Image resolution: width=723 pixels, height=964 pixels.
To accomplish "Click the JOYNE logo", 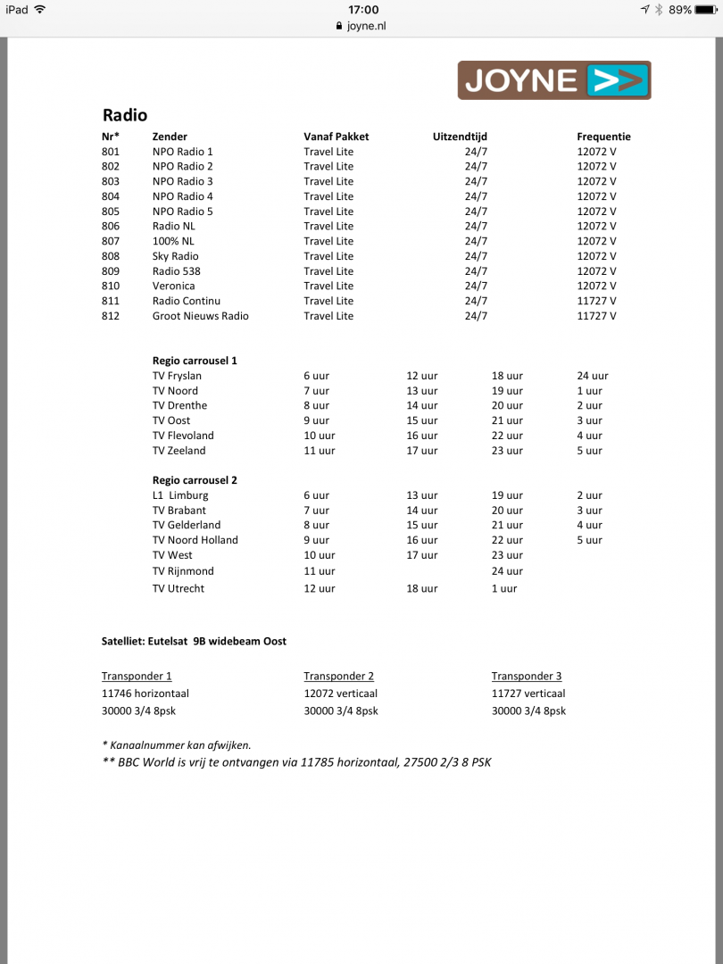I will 554,80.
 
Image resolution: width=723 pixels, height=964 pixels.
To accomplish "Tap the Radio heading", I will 125,115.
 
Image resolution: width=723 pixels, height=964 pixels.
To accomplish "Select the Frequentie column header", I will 603,137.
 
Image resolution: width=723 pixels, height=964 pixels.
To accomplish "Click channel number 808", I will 111,256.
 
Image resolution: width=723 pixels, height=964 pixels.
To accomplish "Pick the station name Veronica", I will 173,286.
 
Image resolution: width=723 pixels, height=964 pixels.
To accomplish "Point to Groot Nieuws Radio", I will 200,316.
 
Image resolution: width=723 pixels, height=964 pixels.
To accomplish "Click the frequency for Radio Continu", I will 596,301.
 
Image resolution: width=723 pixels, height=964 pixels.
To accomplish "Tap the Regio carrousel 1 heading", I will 195,361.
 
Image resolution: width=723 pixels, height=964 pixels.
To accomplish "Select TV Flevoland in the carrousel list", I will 183,436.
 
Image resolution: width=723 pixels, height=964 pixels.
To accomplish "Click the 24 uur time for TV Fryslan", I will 593,376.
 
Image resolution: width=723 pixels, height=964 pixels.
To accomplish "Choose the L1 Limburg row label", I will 180,495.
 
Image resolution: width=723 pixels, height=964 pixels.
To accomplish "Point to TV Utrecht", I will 179,589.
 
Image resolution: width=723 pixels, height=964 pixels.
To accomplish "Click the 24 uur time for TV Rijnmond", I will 507,571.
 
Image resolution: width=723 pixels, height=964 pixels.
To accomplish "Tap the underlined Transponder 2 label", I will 338,676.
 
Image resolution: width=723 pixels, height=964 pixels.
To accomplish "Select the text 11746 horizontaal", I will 145,694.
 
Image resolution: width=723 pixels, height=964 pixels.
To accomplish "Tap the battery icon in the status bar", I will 705,9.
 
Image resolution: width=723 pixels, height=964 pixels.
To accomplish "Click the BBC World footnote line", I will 296,762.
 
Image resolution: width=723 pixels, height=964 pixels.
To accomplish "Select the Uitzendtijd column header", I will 460,137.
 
